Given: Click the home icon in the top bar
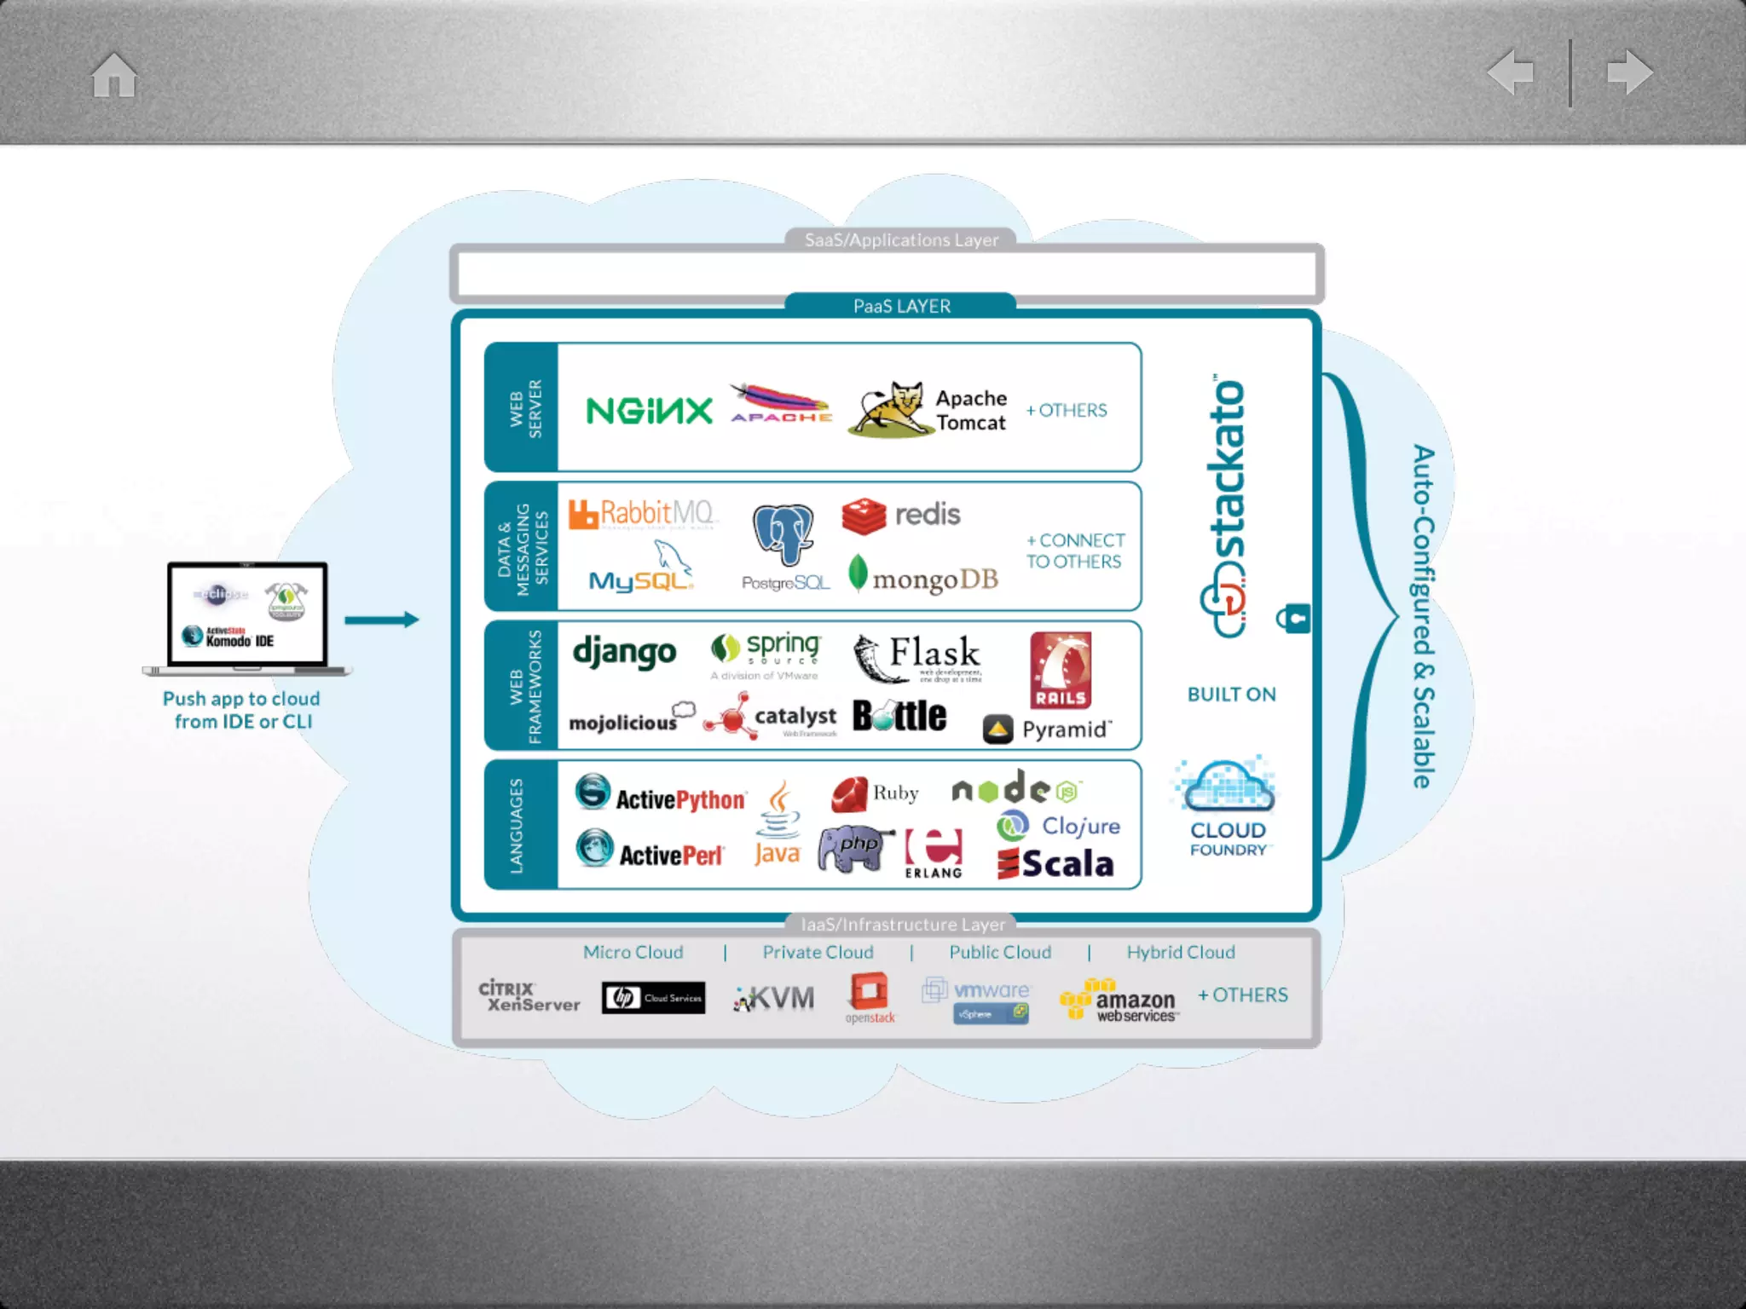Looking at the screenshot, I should [x=114, y=75].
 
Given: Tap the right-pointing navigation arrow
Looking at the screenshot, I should [x=1629, y=72].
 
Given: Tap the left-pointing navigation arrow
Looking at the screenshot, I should [x=1510, y=72].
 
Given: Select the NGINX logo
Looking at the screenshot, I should [x=649, y=411].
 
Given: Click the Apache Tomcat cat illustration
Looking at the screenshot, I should [x=890, y=409].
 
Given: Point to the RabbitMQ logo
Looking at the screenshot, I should [x=643, y=514].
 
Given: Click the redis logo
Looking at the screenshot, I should [x=900, y=515].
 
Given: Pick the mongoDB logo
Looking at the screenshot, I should [x=923, y=577].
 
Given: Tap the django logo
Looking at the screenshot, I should [x=624, y=653].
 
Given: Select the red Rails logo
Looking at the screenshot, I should [x=1060, y=670].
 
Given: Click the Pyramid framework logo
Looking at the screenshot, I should [x=1048, y=729].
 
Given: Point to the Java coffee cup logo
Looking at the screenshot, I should [x=778, y=823].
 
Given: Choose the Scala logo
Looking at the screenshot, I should [x=1055, y=864].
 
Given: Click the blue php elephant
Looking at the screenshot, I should [x=854, y=848].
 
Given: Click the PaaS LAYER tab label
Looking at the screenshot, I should [x=901, y=306].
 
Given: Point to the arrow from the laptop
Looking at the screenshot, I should [x=381, y=620].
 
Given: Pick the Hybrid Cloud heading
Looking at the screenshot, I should [x=1180, y=952].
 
